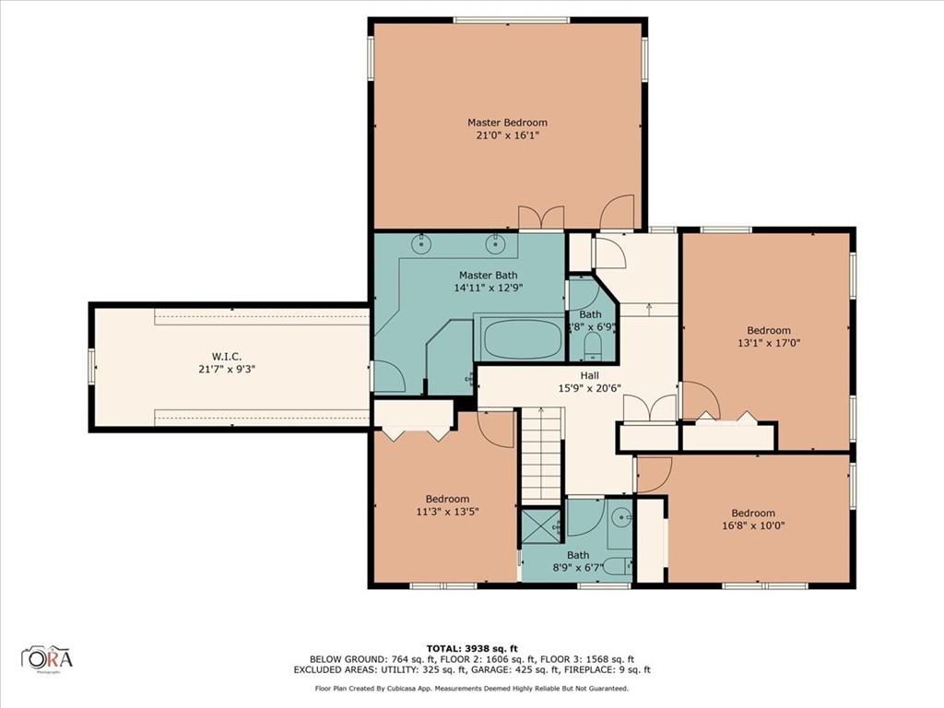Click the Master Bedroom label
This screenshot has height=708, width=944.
pos(507,122)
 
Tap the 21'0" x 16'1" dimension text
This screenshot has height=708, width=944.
pos(507,136)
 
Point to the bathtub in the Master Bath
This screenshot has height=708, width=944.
pos(521,339)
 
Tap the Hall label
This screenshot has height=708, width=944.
pos(589,375)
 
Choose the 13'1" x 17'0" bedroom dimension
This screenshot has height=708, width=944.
pos(768,344)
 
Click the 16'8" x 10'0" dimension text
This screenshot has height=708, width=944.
pos(753,525)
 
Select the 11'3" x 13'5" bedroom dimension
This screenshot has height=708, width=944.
pos(447,512)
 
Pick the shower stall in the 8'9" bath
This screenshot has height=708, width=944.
pos(542,525)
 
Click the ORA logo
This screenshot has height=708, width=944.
pos(48,658)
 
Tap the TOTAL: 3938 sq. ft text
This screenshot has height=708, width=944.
pos(471,647)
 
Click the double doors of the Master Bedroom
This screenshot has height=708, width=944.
pos(541,218)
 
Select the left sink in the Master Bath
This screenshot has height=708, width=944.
pos(421,243)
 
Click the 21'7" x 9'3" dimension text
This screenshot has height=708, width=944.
pos(226,369)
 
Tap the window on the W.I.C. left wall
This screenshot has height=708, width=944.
pos(91,367)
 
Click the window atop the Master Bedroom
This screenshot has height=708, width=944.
pos(510,19)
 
